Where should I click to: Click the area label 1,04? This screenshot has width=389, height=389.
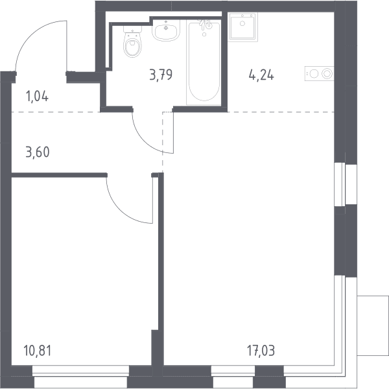pyautogui.click(x=37, y=97)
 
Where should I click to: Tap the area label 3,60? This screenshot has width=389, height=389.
pyautogui.click(x=38, y=152)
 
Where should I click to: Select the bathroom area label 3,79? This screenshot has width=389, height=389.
pyautogui.click(x=161, y=75)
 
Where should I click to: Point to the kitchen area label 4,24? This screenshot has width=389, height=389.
pyautogui.click(x=261, y=75)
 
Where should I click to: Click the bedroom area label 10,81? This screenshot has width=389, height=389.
pyautogui.click(x=38, y=351)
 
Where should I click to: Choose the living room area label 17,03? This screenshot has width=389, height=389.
pyautogui.click(x=261, y=351)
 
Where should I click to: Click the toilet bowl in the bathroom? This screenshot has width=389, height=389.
pyautogui.click(x=133, y=47)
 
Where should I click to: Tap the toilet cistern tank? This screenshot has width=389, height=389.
pyautogui.click(x=133, y=29)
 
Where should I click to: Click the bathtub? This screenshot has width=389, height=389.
pyautogui.click(x=204, y=62)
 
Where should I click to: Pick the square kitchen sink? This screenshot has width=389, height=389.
pyautogui.click(x=242, y=26)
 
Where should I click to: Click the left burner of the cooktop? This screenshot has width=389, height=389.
pyautogui.click(x=314, y=74)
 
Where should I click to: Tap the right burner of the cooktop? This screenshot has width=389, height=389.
pyautogui.click(x=327, y=74)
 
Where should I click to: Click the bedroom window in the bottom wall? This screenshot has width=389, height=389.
pyautogui.click(x=81, y=377)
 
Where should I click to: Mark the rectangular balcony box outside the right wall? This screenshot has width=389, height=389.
pyautogui.click(x=373, y=325)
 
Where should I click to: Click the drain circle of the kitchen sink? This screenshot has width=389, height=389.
pyautogui.click(x=242, y=23)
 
